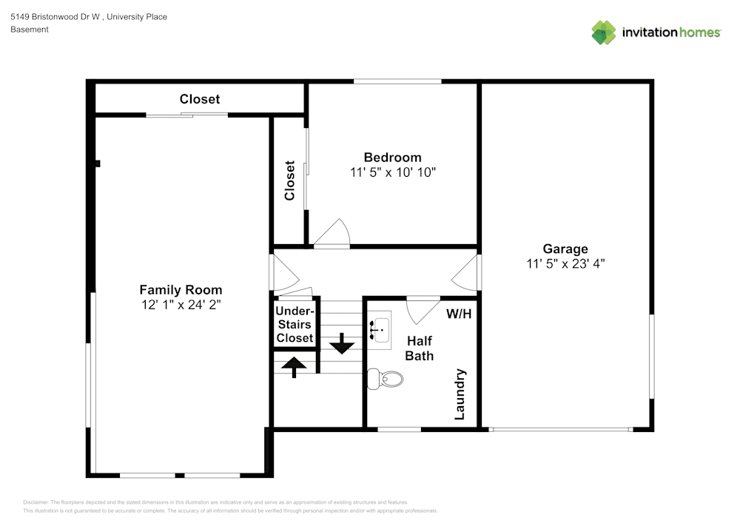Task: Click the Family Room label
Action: point(181,290)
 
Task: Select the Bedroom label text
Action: point(392,157)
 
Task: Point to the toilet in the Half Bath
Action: point(386,379)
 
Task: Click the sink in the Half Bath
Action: point(380,326)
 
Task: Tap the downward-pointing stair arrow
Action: point(342,343)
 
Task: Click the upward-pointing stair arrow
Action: point(295,366)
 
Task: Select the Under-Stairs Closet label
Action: point(295,325)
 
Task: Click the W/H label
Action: point(459,313)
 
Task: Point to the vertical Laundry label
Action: point(460,394)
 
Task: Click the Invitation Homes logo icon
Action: point(604,33)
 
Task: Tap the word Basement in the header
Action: point(30,30)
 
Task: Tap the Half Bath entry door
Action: point(422,308)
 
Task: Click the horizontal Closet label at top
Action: point(200,99)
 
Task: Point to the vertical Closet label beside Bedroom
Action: point(290,180)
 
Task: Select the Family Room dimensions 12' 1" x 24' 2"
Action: point(181,304)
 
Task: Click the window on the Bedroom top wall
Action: point(397,81)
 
